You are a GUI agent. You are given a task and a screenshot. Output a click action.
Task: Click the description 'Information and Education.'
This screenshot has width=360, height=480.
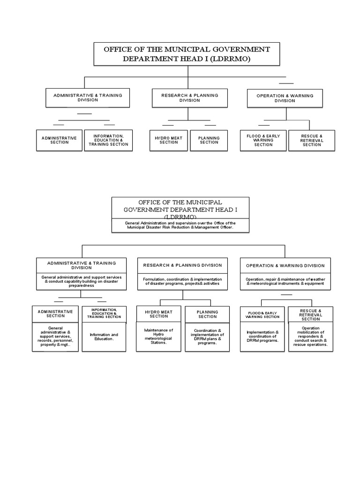104,337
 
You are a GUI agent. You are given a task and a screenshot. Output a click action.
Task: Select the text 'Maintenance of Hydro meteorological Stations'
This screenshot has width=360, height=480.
158,336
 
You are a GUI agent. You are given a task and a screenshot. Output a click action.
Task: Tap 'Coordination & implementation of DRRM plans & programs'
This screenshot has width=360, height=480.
207,336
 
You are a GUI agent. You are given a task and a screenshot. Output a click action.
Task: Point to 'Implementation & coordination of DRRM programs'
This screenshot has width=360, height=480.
262,336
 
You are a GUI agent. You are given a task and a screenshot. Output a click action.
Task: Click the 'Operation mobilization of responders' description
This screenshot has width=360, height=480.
310,337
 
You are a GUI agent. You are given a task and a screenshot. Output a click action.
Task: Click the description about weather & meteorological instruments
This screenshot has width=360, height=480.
285,281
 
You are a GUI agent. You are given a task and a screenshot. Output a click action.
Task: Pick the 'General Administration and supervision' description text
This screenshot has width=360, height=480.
180,225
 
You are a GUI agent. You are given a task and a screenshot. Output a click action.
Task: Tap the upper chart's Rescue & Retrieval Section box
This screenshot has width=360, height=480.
311,140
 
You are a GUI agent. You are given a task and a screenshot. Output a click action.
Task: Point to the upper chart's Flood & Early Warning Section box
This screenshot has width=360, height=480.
263,140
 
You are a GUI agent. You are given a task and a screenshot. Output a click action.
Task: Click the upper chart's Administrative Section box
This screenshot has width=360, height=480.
59,140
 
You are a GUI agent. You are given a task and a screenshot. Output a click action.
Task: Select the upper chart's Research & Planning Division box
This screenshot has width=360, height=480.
189,97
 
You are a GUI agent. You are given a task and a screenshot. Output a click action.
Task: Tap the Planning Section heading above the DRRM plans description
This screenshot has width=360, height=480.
207,314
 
